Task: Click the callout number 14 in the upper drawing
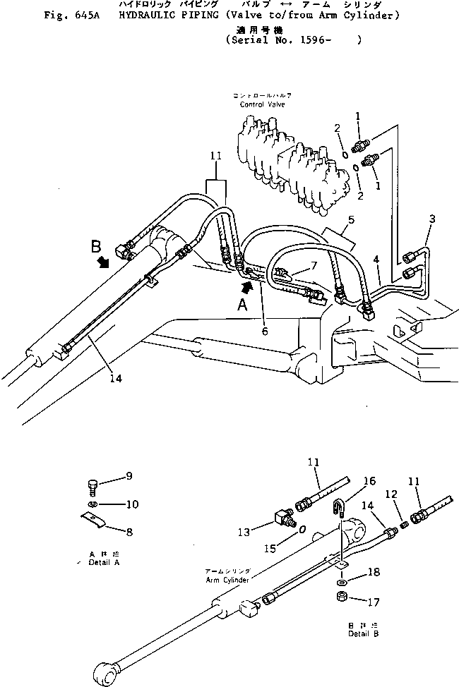115,379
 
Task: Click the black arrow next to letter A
246,286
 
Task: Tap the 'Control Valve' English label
261,104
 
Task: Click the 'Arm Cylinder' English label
227,580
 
